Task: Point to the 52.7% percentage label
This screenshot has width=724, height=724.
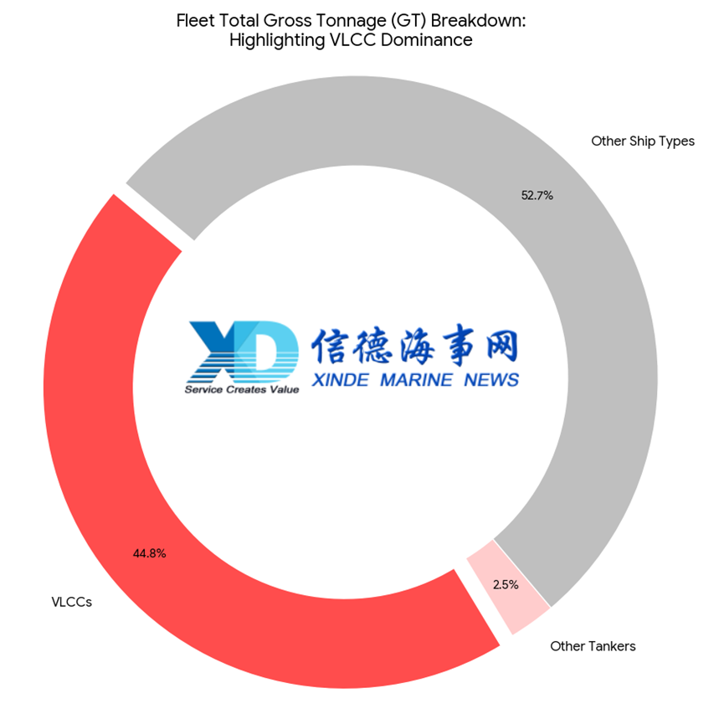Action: (537, 196)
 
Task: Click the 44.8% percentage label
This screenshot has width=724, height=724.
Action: (149, 553)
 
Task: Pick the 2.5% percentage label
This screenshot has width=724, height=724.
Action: (506, 585)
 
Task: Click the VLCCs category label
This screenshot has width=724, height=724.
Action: (71, 602)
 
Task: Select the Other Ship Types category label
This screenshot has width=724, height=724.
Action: (642, 141)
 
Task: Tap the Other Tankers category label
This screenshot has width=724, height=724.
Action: (593, 646)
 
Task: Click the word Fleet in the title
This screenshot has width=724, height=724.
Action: (195, 20)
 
